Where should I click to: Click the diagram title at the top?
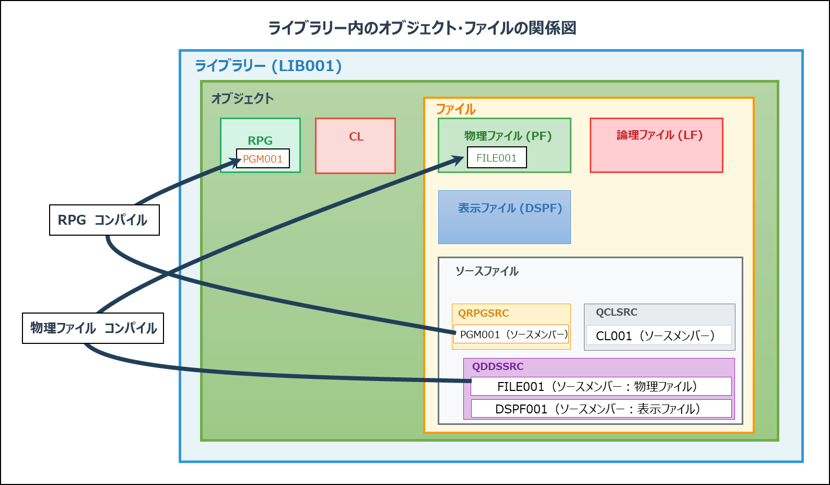pyautogui.click(x=422, y=28)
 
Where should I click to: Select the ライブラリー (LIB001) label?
pyautogui.click(x=268, y=66)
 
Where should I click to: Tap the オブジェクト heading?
pyautogui.click(x=242, y=99)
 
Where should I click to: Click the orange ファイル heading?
pyautogui.click(x=455, y=109)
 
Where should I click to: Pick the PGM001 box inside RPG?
pyautogui.click(x=263, y=158)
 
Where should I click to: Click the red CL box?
pyautogui.click(x=355, y=146)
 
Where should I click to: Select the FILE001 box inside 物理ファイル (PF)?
pyautogui.click(x=497, y=158)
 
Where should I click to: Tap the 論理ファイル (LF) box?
pyautogui.click(x=656, y=145)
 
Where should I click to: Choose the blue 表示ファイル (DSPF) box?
pyautogui.click(x=504, y=217)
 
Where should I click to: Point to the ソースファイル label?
pyautogui.click(x=487, y=271)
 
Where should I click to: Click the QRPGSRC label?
pyautogui.click(x=483, y=314)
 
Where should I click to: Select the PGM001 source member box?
pyautogui.click(x=511, y=334)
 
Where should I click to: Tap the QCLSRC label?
pyautogui.click(x=616, y=312)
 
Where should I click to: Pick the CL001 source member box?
pyautogui.click(x=659, y=335)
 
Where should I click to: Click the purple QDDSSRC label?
pyautogui.click(x=498, y=366)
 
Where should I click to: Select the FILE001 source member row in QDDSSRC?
pyautogui.click(x=601, y=386)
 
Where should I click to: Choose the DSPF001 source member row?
pyautogui.click(x=601, y=409)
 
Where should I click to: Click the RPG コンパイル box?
pyautogui.click(x=104, y=220)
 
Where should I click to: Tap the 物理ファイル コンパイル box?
pyautogui.click(x=93, y=328)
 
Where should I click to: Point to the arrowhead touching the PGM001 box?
pyautogui.click(x=236, y=161)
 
